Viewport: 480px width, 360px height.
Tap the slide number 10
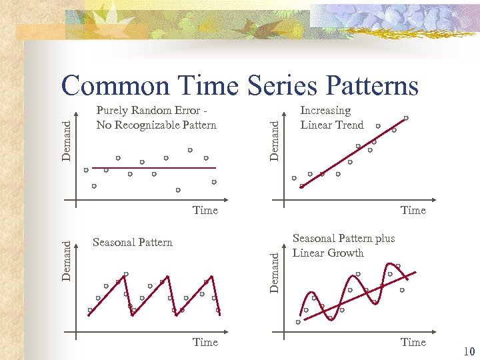(x=467, y=351)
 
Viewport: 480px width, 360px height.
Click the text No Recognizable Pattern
(x=156, y=125)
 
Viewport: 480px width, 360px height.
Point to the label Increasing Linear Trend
(x=332, y=118)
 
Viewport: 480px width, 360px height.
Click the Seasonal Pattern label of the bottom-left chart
(x=133, y=242)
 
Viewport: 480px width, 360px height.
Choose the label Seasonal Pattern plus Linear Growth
(x=343, y=245)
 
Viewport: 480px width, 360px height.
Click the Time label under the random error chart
(x=205, y=210)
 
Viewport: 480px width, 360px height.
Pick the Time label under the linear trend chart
(x=413, y=210)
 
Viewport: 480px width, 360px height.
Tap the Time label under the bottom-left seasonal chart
(x=205, y=342)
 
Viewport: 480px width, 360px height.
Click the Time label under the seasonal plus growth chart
(x=413, y=342)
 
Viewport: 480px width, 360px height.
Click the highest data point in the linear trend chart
(x=406, y=118)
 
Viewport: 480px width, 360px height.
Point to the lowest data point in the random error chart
(x=178, y=190)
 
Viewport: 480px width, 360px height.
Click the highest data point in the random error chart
(x=190, y=150)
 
